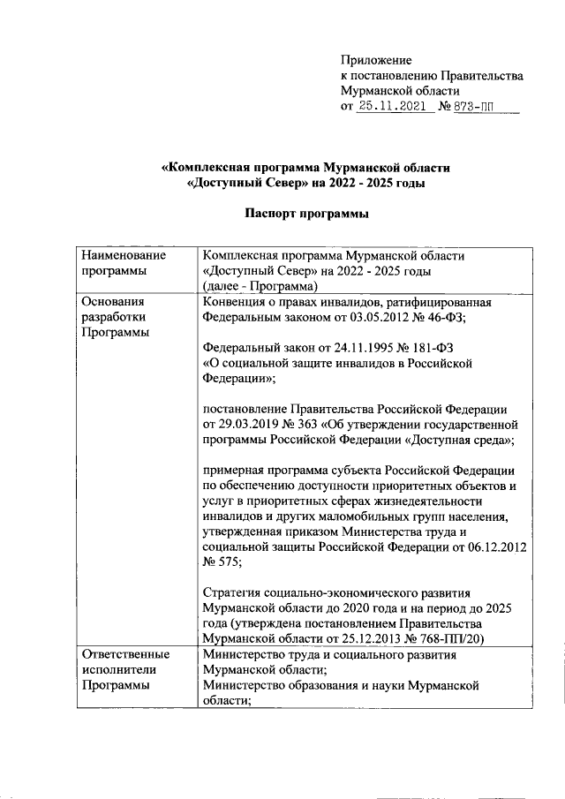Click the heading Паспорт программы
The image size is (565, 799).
(x=305, y=213)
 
